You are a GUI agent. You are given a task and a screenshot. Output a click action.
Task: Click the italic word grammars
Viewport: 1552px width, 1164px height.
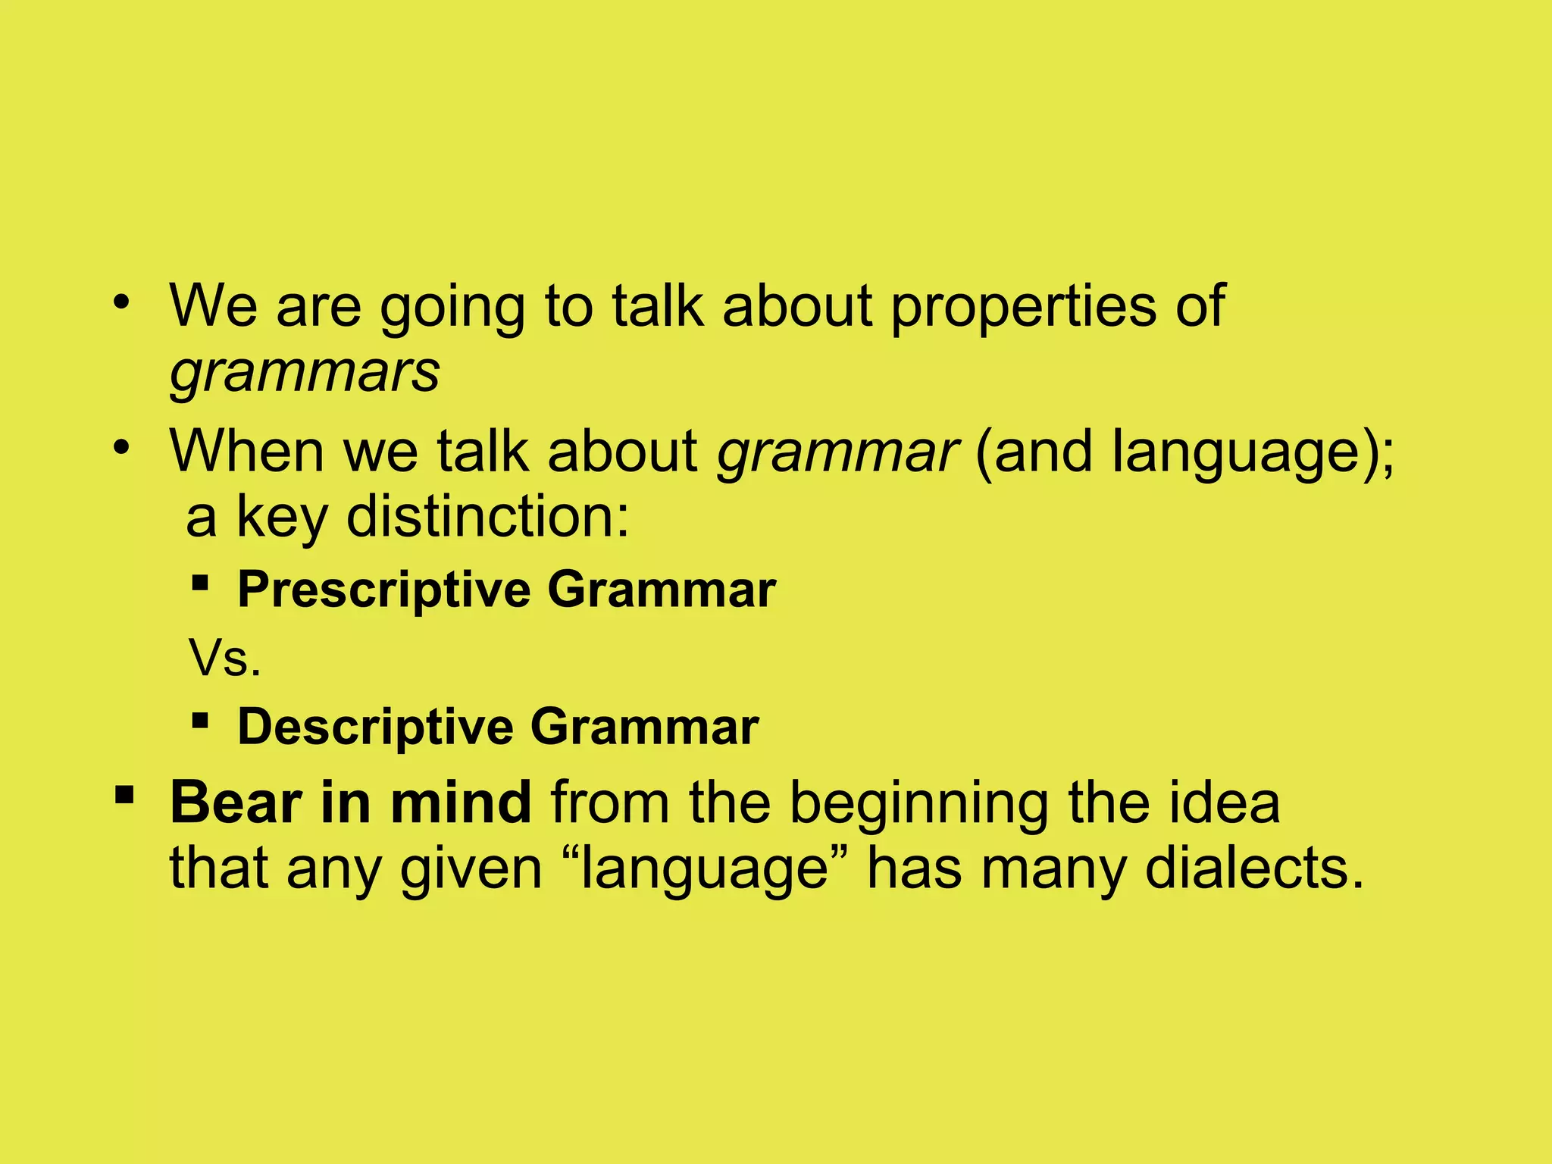pyautogui.click(x=304, y=373)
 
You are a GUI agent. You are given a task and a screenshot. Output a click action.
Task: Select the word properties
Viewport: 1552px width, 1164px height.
pyautogui.click(x=1023, y=307)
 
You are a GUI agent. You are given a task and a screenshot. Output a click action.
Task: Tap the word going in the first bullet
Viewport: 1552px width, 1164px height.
pyautogui.click(x=452, y=307)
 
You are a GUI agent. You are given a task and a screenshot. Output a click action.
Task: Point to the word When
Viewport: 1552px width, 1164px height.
pyautogui.click(x=246, y=452)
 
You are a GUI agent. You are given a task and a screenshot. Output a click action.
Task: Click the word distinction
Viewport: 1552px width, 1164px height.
pyautogui.click(x=487, y=517)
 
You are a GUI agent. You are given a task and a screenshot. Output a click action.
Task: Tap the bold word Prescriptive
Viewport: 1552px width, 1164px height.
pyautogui.click(x=384, y=590)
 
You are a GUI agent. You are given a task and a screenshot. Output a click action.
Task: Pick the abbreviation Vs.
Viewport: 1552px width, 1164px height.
pyautogui.click(x=225, y=659)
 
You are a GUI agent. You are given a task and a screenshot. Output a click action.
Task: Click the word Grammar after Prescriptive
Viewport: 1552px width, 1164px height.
pyautogui.click(x=662, y=589)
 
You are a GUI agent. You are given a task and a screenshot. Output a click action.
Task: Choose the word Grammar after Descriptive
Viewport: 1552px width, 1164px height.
pyautogui.click(x=644, y=727)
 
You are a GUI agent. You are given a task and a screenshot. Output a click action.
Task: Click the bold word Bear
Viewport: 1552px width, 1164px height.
pyautogui.click(x=236, y=803)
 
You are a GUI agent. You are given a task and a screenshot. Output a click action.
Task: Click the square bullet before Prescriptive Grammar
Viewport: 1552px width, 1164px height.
pyautogui.click(x=200, y=583)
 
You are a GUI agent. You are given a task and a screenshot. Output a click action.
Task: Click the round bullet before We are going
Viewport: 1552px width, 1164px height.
pyautogui.click(x=121, y=304)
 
